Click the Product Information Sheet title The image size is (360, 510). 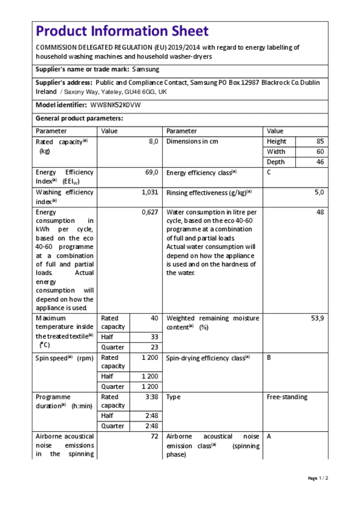(122, 31)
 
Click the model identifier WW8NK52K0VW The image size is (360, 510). (115, 105)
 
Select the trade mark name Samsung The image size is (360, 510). (145, 70)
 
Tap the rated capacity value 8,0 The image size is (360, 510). (153, 141)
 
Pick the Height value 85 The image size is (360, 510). (320, 141)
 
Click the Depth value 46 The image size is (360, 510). (320, 162)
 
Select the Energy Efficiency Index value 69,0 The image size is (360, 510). (152, 173)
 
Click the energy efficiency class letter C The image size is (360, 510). (269, 173)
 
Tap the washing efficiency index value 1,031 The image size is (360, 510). (150, 192)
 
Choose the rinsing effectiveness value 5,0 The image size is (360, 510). (319, 192)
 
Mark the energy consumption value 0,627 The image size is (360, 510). (150, 212)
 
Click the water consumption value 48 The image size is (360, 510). (320, 212)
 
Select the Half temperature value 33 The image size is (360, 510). (155, 337)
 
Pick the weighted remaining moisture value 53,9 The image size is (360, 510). (317, 318)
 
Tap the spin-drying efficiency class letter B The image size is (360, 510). (269, 358)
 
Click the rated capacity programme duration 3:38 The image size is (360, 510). (152, 397)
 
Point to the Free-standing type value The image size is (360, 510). (287, 397)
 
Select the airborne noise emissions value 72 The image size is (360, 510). (155, 436)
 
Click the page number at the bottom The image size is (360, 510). (318, 478)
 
